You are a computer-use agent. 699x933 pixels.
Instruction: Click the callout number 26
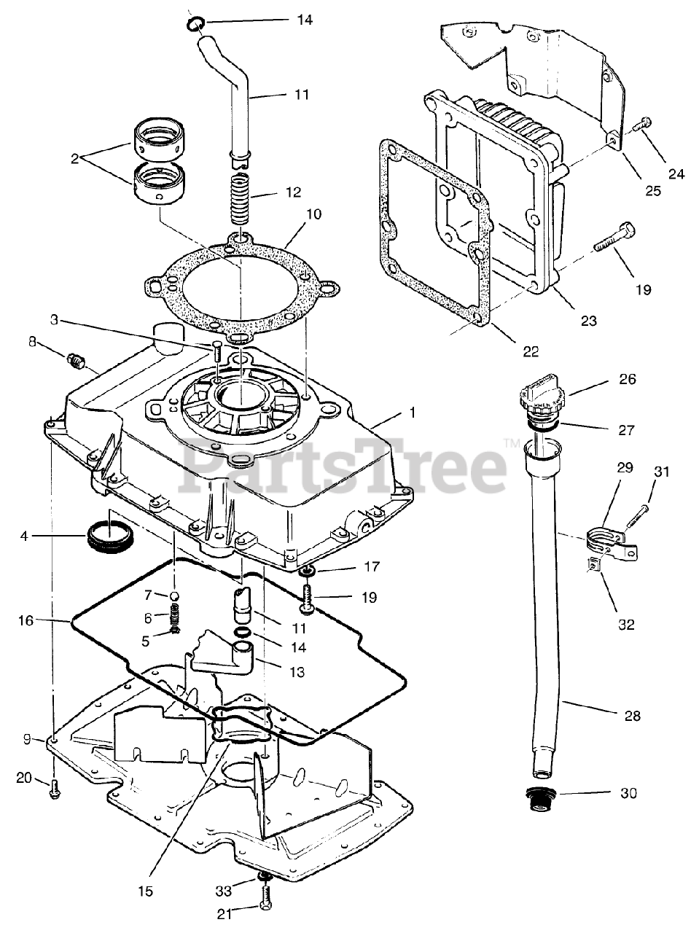(x=628, y=379)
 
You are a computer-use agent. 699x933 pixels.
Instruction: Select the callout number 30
(x=628, y=794)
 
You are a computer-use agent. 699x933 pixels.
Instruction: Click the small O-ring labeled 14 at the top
(x=195, y=26)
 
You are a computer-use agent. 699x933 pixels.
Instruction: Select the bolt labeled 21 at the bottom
(x=265, y=892)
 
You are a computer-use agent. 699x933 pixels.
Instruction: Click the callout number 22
(x=531, y=351)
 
